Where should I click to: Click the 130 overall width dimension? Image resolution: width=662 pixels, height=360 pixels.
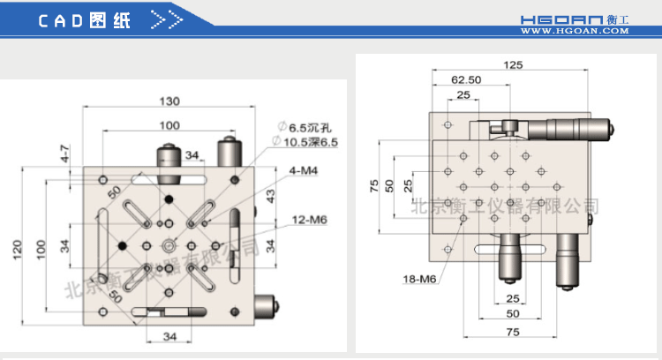170,100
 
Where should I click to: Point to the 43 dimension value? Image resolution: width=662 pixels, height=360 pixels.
271,193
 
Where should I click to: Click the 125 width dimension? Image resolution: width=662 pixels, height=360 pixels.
513,64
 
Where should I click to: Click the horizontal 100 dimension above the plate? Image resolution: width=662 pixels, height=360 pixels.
169,124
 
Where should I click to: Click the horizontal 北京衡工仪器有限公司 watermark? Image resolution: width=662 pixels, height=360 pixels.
505,206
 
